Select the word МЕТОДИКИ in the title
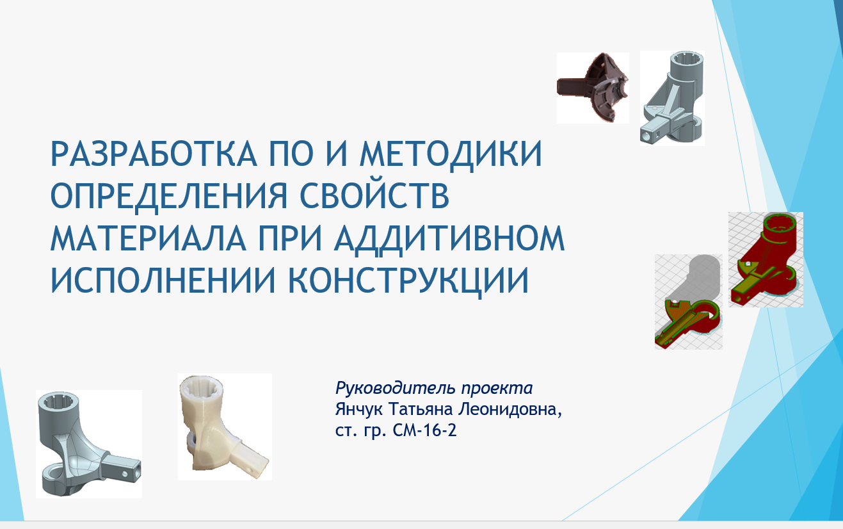(451, 154)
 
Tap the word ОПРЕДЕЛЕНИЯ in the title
(169, 196)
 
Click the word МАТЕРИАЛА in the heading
(149, 238)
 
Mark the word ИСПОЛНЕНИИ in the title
(163, 280)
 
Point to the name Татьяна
(421, 409)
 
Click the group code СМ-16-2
(424, 430)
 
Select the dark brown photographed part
(593, 88)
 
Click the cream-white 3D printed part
(225, 427)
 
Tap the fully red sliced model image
(766, 259)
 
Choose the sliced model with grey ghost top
(688, 302)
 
